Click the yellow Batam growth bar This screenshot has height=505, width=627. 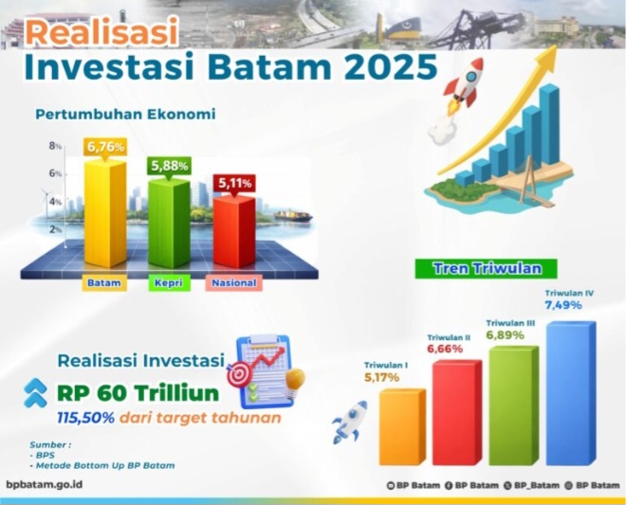point(104,213)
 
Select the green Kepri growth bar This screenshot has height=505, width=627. point(169,223)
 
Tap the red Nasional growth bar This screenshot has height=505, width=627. point(234,232)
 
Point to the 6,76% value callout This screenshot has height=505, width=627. point(105,147)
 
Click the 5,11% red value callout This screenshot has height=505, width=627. point(234,184)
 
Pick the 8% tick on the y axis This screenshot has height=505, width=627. point(55,146)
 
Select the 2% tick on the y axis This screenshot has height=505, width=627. point(55,229)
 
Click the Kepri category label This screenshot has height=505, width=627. point(169,283)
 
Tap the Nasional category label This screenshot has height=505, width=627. point(234,283)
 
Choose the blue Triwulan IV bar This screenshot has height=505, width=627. point(571,393)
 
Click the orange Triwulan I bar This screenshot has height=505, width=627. point(402,427)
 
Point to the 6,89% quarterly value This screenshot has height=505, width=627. point(505,334)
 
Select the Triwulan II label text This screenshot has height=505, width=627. point(449,337)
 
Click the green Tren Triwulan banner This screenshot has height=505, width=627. point(486,268)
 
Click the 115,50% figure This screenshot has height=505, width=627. point(85,418)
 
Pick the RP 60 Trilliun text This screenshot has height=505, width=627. point(138,393)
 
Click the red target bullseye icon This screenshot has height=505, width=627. point(238,374)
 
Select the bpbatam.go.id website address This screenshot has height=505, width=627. point(45,484)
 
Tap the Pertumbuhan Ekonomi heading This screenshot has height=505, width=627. point(125,115)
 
